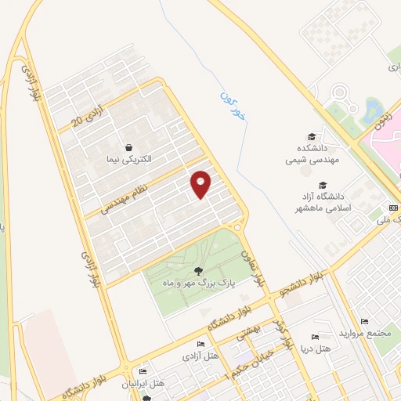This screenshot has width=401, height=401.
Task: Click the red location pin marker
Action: click(201, 184)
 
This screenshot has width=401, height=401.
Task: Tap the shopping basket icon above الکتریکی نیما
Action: click(128, 146)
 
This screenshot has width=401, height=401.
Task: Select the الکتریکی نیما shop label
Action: click(128, 158)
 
